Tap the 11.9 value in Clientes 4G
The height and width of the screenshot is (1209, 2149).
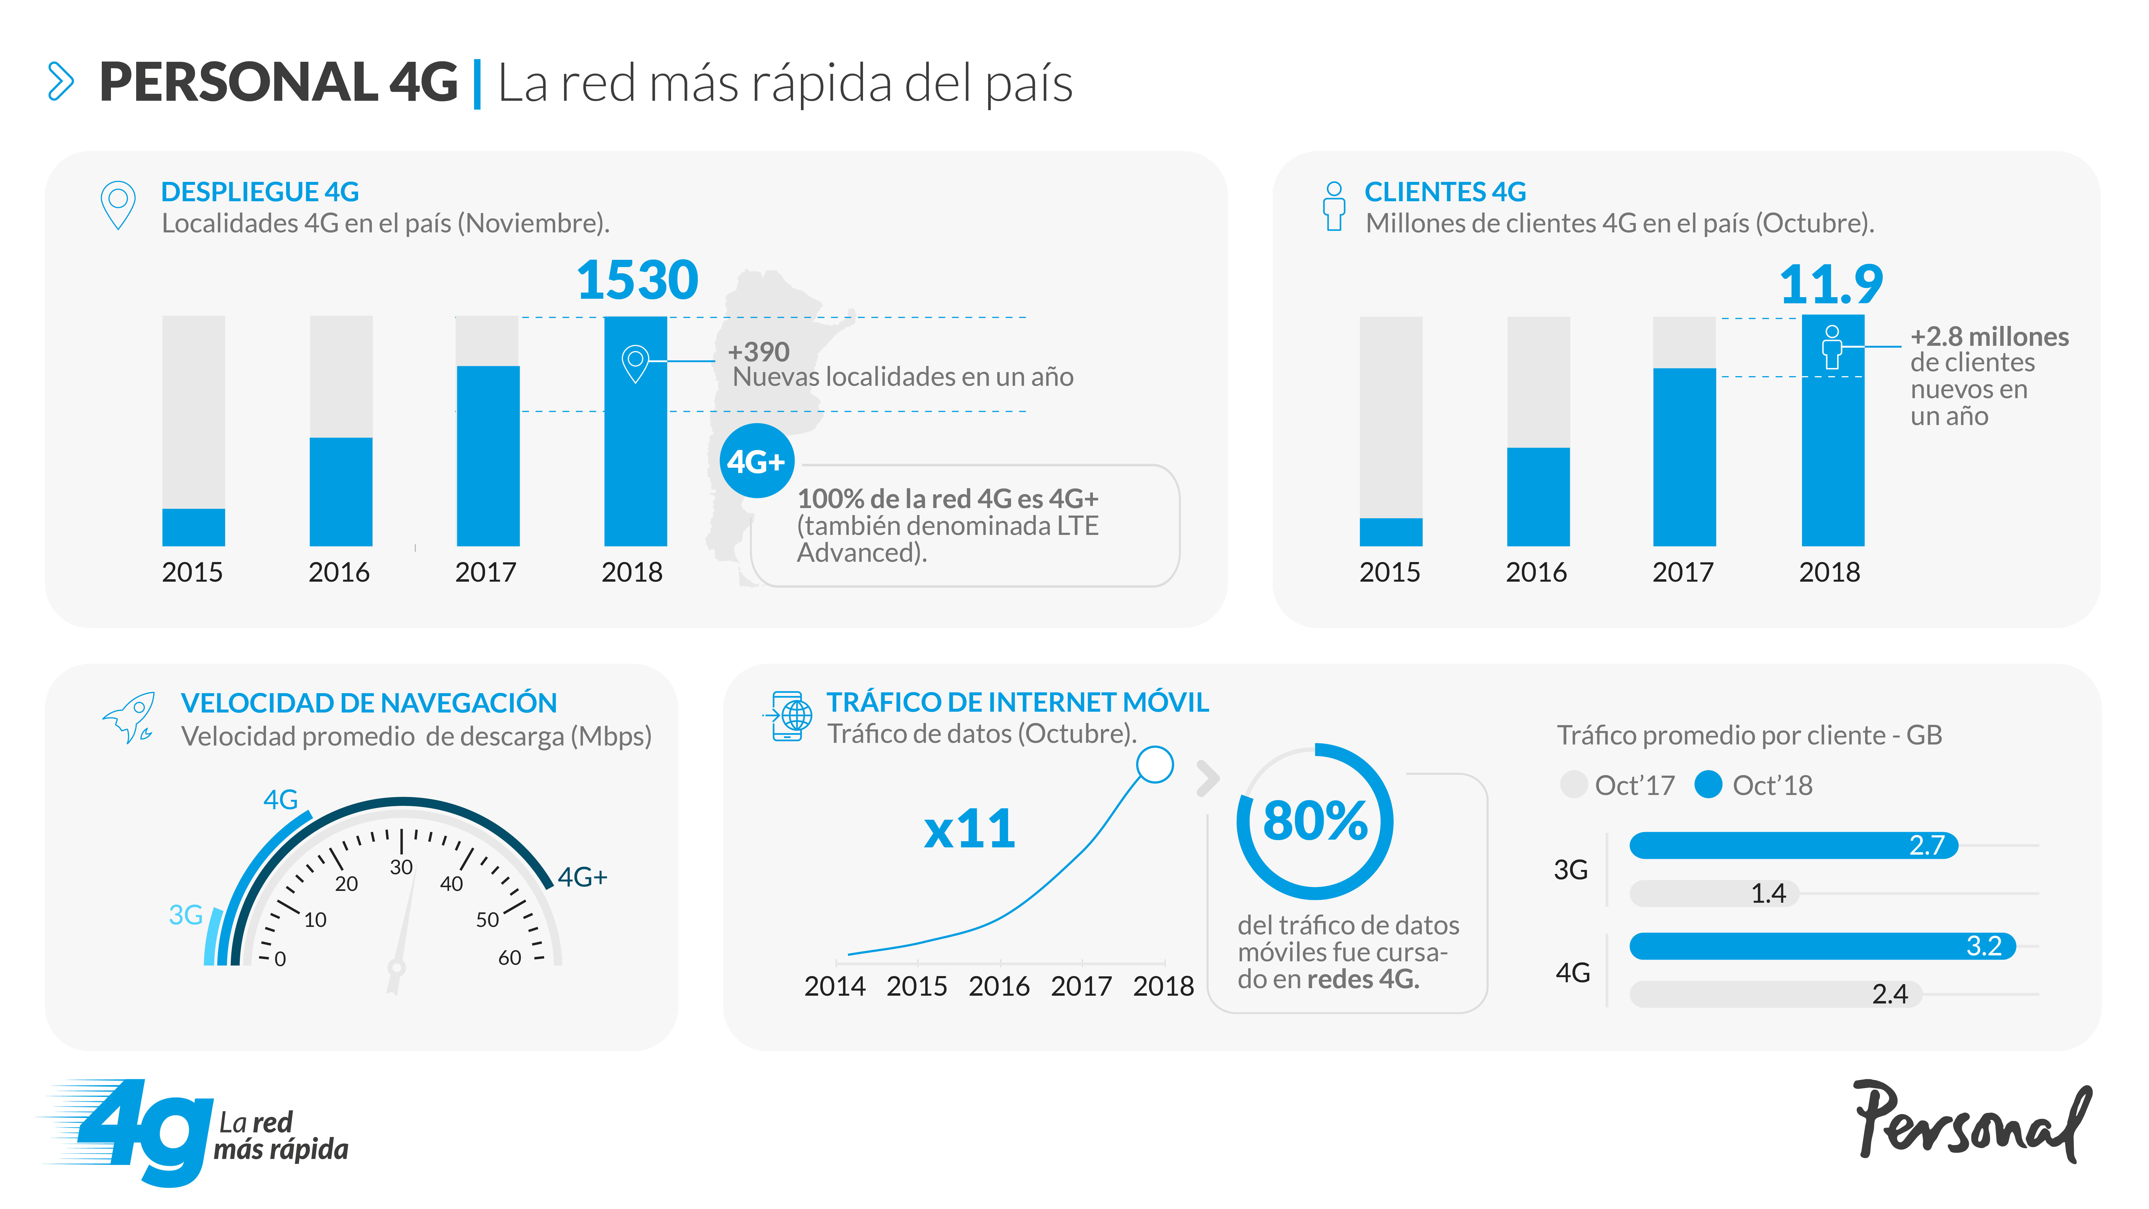click(1831, 285)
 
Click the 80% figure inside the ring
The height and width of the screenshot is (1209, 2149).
click(1315, 821)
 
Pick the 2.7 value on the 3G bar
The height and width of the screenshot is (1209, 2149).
click(1927, 845)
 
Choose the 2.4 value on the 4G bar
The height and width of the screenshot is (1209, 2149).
click(1890, 994)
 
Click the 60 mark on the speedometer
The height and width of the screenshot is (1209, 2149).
click(510, 958)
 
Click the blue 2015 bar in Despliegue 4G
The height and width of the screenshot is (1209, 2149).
click(194, 527)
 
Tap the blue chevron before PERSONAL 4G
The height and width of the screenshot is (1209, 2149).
click(61, 81)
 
